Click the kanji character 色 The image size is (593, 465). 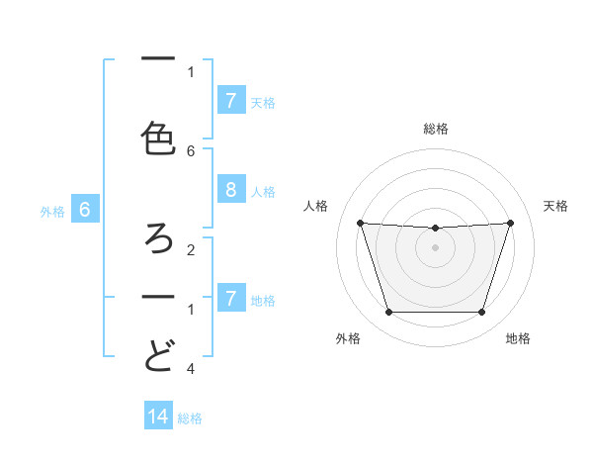[158, 138]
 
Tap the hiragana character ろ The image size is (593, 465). [158, 237]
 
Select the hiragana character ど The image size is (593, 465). [158, 355]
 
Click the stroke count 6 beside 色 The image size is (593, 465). [191, 150]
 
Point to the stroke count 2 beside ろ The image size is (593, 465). [191, 250]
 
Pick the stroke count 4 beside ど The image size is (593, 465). [191, 369]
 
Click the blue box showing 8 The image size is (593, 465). [230, 190]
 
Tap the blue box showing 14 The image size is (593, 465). [158, 417]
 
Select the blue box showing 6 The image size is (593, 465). [85, 210]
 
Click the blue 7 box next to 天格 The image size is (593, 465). [230, 100]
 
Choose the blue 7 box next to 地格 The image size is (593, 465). [230, 298]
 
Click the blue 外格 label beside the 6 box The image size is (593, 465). [52, 211]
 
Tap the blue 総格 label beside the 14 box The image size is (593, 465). [190, 418]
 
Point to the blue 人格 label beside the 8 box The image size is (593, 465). [263, 191]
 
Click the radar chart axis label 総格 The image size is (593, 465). [436, 129]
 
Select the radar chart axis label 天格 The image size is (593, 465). [555, 206]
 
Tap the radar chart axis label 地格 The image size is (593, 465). [518, 338]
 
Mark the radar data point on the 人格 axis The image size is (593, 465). [361, 224]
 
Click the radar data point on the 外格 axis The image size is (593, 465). [388, 313]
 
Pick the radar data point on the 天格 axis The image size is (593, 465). [510, 224]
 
